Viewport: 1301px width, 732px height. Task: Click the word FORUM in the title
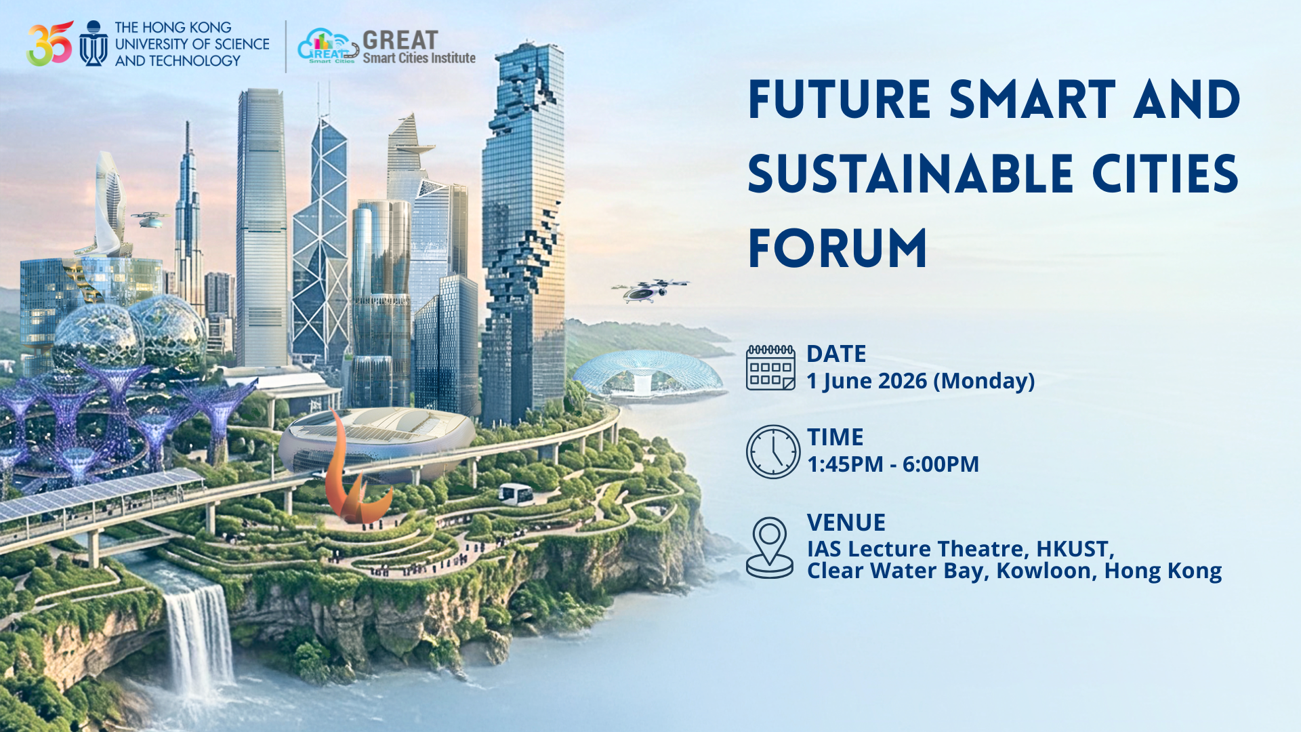click(x=838, y=249)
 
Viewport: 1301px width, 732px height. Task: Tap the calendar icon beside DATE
click(x=770, y=368)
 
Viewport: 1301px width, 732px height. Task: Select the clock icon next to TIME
click(x=773, y=452)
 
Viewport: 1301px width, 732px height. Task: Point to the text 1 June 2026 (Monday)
click(x=920, y=381)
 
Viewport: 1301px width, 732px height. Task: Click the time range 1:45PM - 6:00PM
click(x=892, y=464)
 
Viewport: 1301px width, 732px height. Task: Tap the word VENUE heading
click(x=846, y=523)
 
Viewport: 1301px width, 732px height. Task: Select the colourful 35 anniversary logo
click(x=49, y=44)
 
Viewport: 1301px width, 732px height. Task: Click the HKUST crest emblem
click(x=94, y=44)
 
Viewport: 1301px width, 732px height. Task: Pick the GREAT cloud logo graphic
click(x=328, y=46)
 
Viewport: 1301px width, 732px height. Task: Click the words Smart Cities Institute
click(x=419, y=58)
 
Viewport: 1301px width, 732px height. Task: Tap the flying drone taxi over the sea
click(x=649, y=289)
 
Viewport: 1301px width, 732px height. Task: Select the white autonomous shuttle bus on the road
click(x=515, y=493)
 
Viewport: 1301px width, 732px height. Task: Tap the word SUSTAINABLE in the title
click(x=910, y=174)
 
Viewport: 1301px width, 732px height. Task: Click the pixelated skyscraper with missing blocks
click(x=523, y=230)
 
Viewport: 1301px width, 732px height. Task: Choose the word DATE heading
click(x=836, y=354)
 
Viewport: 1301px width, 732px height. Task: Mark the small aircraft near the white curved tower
click(x=149, y=218)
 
